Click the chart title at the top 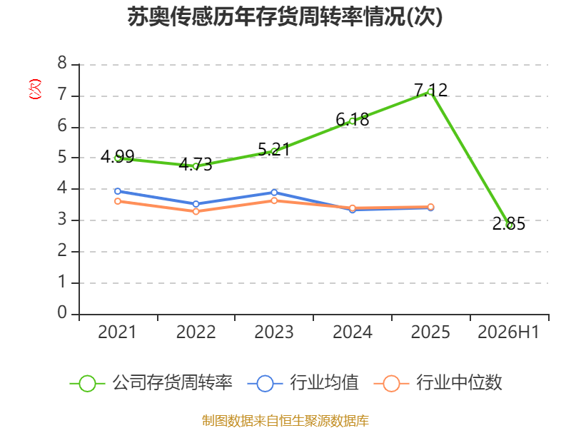pyautogui.click(x=285, y=16)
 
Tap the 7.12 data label pyautogui.click(x=431, y=90)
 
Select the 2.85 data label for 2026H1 pyautogui.click(x=509, y=223)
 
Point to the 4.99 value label pyautogui.click(x=118, y=157)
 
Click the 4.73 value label pyautogui.click(x=196, y=165)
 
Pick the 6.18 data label pyautogui.click(x=352, y=119)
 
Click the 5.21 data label pyautogui.click(x=274, y=150)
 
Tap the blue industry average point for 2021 pyautogui.click(x=118, y=191)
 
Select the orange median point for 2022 pyautogui.click(x=196, y=211)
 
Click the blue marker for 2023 pyautogui.click(x=274, y=192)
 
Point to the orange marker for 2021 pyautogui.click(x=118, y=201)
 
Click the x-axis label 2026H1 pyautogui.click(x=508, y=332)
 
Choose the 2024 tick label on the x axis pyautogui.click(x=352, y=332)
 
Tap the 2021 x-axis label pyautogui.click(x=117, y=332)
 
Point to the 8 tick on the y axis pyautogui.click(x=62, y=63)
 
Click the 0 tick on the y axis pyautogui.click(x=62, y=312)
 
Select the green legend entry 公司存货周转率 pyautogui.click(x=151, y=383)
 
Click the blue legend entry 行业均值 pyautogui.click(x=303, y=383)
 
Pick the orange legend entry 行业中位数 pyautogui.click(x=438, y=383)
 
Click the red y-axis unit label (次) pyautogui.click(x=35, y=89)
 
